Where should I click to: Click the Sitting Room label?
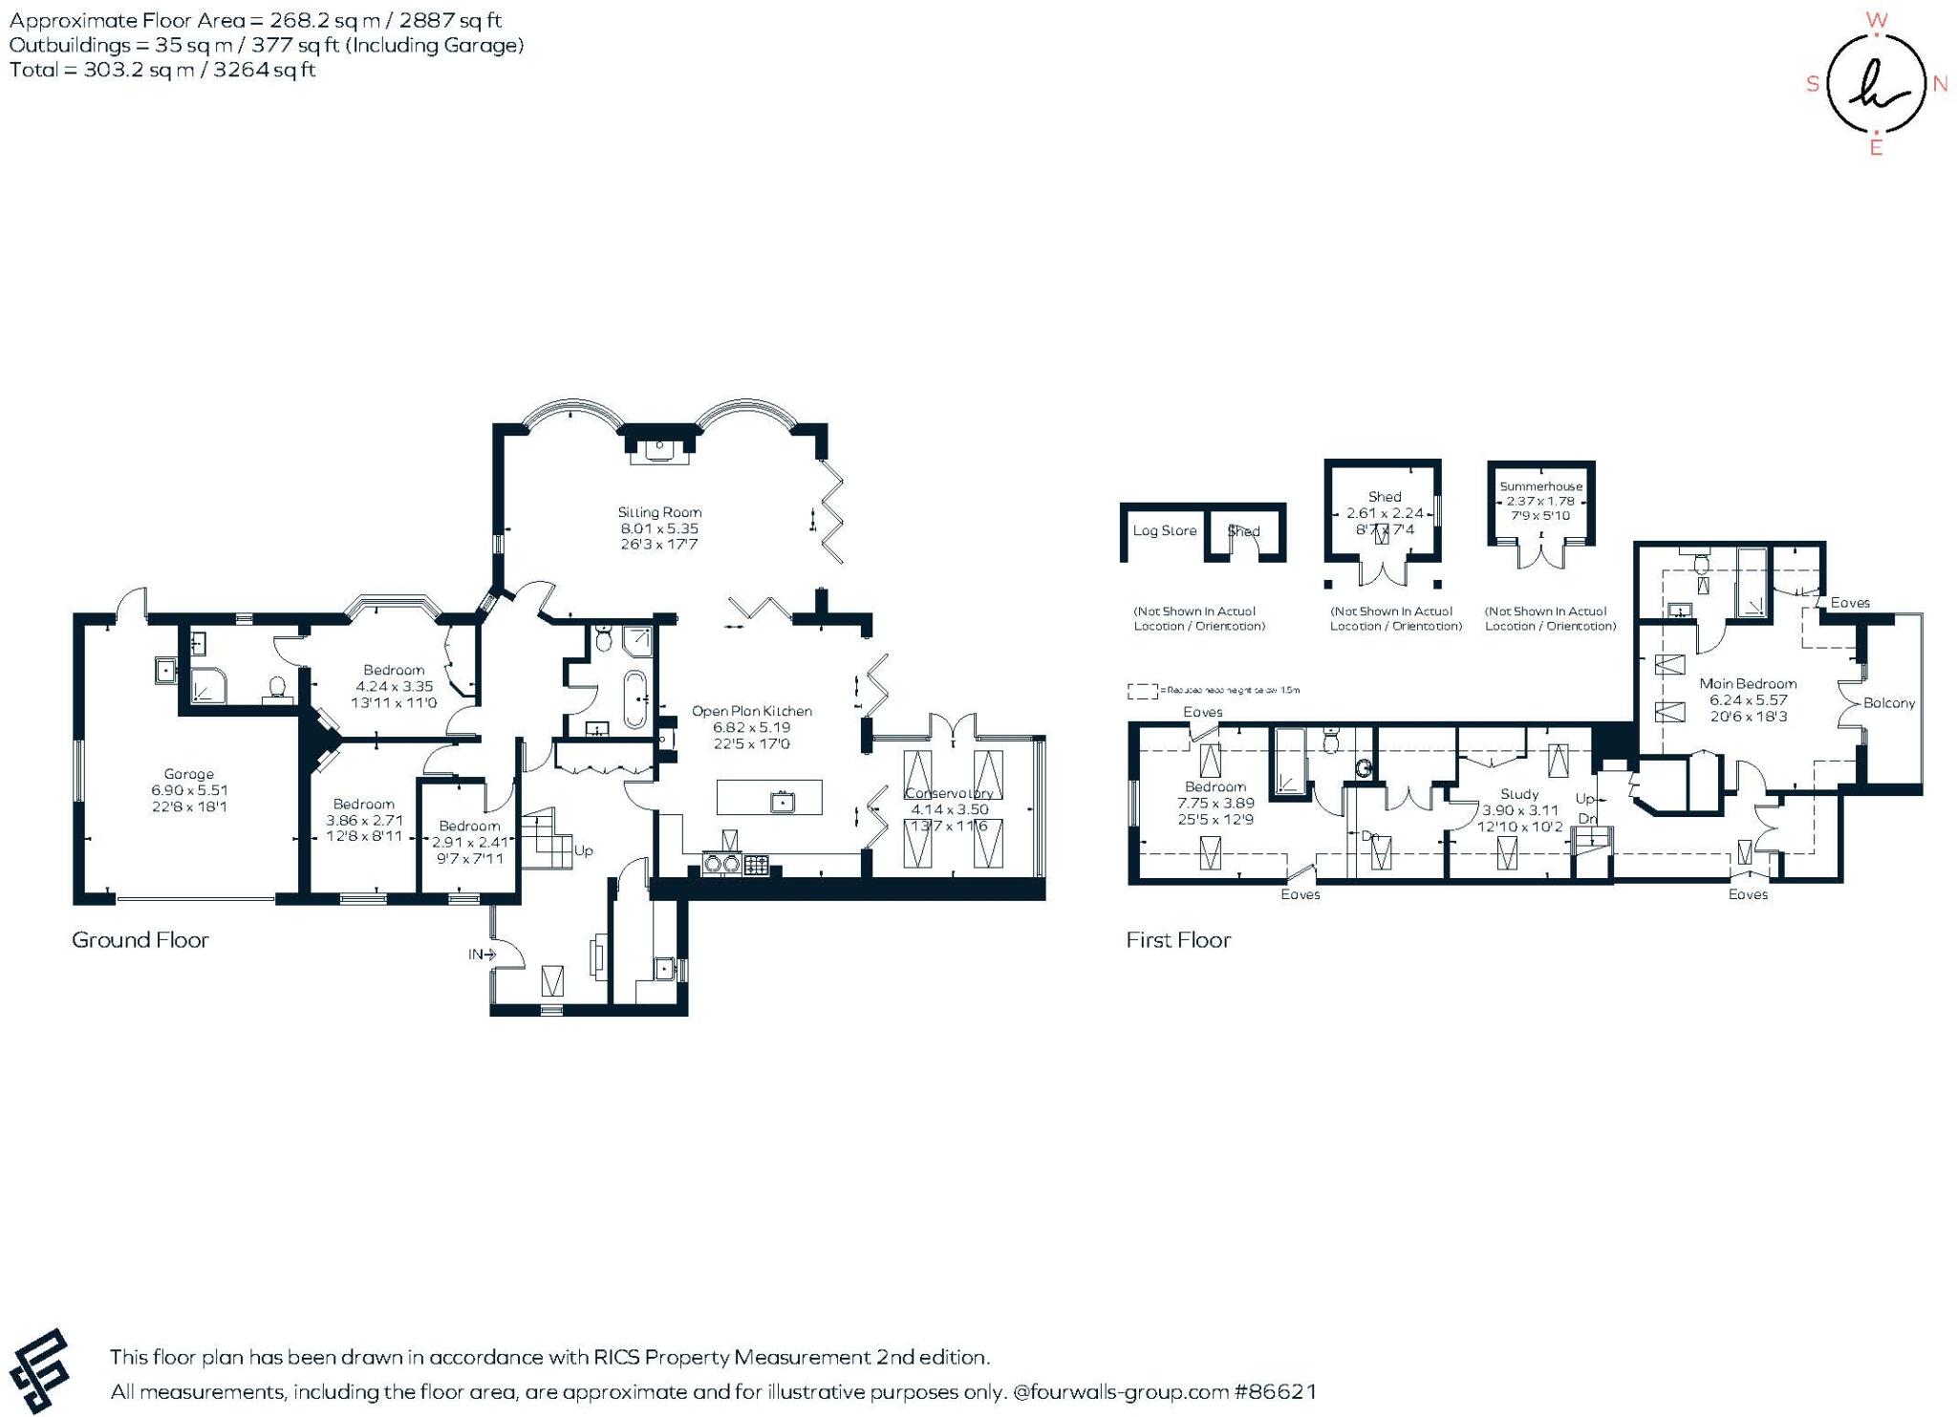(x=659, y=512)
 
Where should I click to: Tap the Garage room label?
(x=188, y=774)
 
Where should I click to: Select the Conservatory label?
(x=948, y=793)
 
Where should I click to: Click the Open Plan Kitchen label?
(x=751, y=711)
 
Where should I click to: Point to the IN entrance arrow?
(x=483, y=954)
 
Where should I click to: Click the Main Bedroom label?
(x=1747, y=683)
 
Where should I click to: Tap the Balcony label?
(x=1889, y=702)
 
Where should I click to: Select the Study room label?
(x=1519, y=794)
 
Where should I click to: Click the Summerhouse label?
(x=1540, y=486)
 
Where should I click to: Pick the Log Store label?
(x=1164, y=530)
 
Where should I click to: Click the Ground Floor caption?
(x=140, y=939)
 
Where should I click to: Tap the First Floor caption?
(x=1177, y=939)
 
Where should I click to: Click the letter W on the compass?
(x=1876, y=20)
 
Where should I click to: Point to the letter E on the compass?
(x=1876, y=148)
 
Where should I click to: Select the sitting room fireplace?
(x=659, y=448)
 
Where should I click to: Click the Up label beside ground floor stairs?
(x=583, y=849)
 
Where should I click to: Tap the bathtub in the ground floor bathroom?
(x=634, y=699)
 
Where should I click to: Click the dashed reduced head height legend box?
(x=1142, y=690)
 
